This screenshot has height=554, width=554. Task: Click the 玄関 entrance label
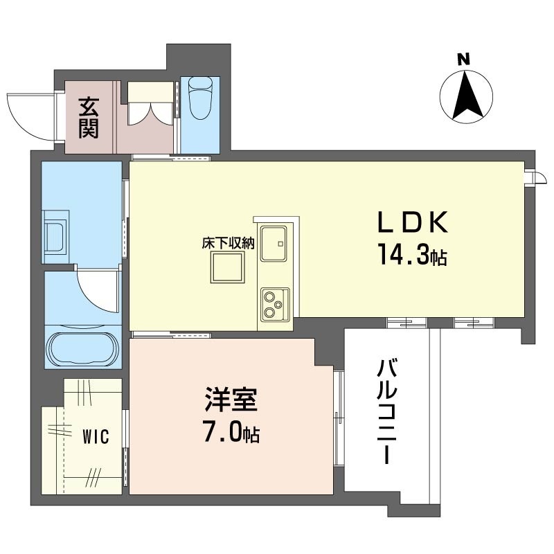[x=89, y=117]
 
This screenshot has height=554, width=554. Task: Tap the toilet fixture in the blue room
[x=200, y=98]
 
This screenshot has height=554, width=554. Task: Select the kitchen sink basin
[x=274, y=244]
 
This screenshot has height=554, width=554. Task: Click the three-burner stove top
[x=275, y=305]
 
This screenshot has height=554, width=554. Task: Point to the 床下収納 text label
[x=228, y=243]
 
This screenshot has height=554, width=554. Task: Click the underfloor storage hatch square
[x=228, y=267]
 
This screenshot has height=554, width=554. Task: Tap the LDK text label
[x=413, y=222]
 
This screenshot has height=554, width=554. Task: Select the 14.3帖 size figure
[x=413, y=255]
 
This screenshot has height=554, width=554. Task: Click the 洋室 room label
[x=231, y=400]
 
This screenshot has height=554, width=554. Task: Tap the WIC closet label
[x=96, y=437]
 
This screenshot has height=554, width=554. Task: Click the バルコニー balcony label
[x=387, y=411]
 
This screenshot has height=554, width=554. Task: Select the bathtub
[x=83, y=348]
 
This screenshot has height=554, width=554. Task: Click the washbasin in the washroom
[x=55, y=237]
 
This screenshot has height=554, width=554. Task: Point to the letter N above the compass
[x=464, y=59]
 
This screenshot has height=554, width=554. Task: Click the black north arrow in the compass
[x=465, y=95]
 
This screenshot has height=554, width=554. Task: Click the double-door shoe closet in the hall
[x=150, y=103]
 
